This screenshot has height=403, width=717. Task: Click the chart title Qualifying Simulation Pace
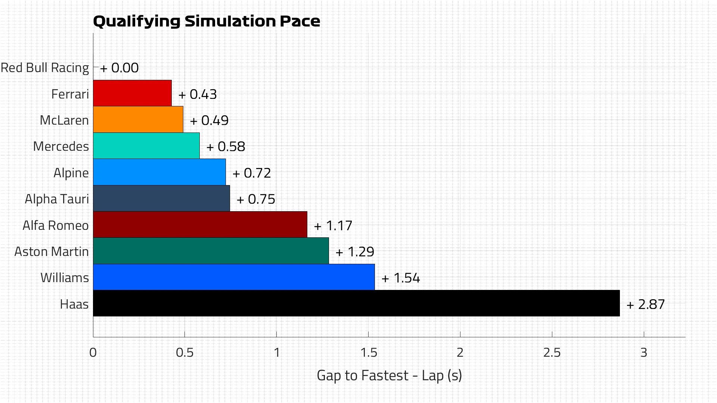click(207, 21)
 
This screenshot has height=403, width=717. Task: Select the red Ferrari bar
click(132, 93)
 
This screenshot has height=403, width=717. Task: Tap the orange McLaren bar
click(138, 119)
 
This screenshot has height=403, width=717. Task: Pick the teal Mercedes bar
click(146, 146)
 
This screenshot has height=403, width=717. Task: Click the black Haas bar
click(356, 303)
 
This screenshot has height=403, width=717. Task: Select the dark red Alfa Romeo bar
click(200, 225)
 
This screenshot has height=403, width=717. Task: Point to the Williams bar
click(234, 277)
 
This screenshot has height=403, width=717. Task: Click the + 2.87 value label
click(646, 304)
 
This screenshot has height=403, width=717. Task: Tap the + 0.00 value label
click(119, 68)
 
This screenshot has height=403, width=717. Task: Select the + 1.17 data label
click(333, 226)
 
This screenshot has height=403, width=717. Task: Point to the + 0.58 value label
click(226, 147)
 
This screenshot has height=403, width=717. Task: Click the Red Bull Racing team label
click(45, 68)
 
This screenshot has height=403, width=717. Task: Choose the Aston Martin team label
click(52, 252)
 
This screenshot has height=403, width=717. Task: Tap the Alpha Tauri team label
click(57, 199)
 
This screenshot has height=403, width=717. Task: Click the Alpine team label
click(71, 173)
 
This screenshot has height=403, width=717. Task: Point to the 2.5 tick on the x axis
click(552, 353)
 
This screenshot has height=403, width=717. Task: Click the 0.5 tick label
click(184, 353)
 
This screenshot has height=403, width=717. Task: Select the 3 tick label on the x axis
click(643, 353)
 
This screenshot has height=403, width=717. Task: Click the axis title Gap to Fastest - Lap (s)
click(389, 375)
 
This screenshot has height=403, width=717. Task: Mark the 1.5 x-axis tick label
click(369, 353)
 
